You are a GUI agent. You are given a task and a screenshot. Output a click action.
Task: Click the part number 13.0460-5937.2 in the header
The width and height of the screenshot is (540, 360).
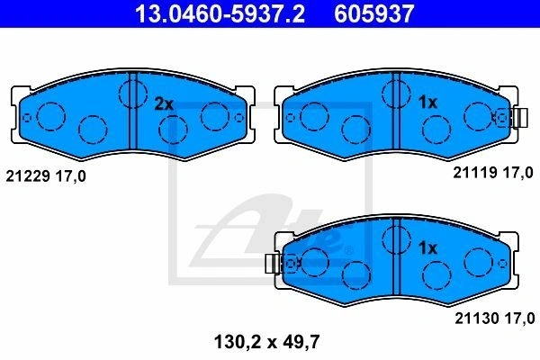tap(220, 13)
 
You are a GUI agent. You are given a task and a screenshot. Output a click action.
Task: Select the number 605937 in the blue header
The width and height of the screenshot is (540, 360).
tap(374, 13)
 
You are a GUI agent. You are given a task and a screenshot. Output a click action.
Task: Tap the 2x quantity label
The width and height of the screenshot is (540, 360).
tap(164, 104)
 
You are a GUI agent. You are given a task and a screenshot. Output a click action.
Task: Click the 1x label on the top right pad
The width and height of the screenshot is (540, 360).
tap(427, 103)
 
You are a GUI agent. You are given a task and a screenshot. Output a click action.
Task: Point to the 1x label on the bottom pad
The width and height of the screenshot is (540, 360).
tap(427, 248)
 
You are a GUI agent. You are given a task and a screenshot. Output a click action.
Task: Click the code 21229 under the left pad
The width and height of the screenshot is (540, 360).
tap(29, 176)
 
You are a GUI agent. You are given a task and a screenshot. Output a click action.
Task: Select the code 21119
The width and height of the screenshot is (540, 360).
tap(475, 172)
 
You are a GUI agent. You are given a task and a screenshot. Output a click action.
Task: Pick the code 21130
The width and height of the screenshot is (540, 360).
tap(478, 319)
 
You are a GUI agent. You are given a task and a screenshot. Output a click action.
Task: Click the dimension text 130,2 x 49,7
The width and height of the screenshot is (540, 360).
tap(267, 342)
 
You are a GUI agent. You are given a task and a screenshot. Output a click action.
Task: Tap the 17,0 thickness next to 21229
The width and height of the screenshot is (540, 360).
tap(71, 176)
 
